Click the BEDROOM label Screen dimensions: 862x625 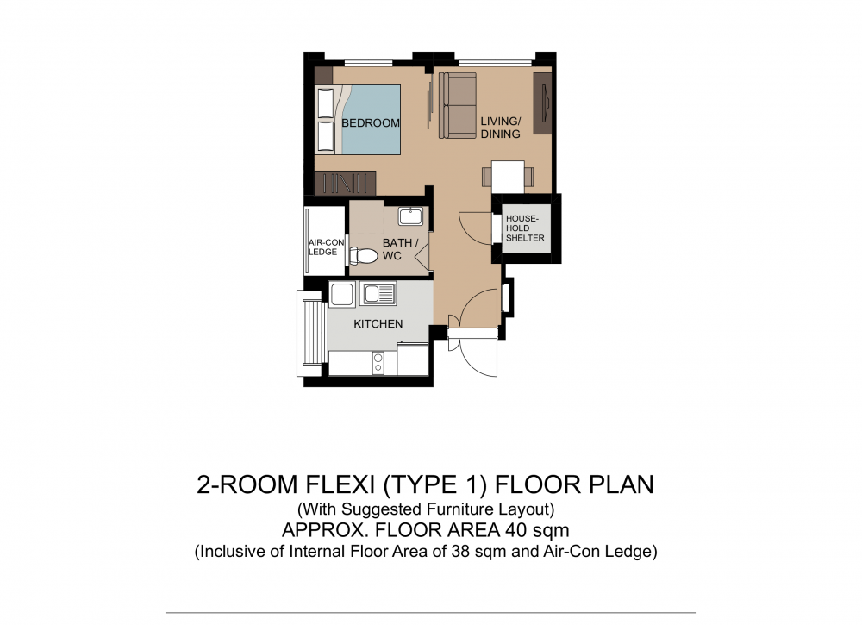[x=371, y=122]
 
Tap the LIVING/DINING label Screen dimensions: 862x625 [x=500, y=128]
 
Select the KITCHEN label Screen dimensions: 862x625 [x=378, y=324]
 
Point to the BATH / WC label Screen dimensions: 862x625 [x=400, y=249]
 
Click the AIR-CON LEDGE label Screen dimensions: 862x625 [x=326, y=247]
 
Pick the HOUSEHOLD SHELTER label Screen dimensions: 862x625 [x=525, y=228]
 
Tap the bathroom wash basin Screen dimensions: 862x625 [x=410, y=216]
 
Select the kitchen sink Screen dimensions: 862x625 [x=378, y=294]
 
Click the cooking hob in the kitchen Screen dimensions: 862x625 [x=378, y=363]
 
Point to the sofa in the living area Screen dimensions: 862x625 [x=458, y=105]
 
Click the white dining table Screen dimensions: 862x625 [x=508, y=177]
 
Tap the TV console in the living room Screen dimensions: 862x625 [x=542, y=103]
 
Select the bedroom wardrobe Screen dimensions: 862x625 [x=345, y=183]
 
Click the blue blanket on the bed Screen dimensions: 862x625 [x=372, y=119]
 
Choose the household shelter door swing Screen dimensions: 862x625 [x=474, y=228]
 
